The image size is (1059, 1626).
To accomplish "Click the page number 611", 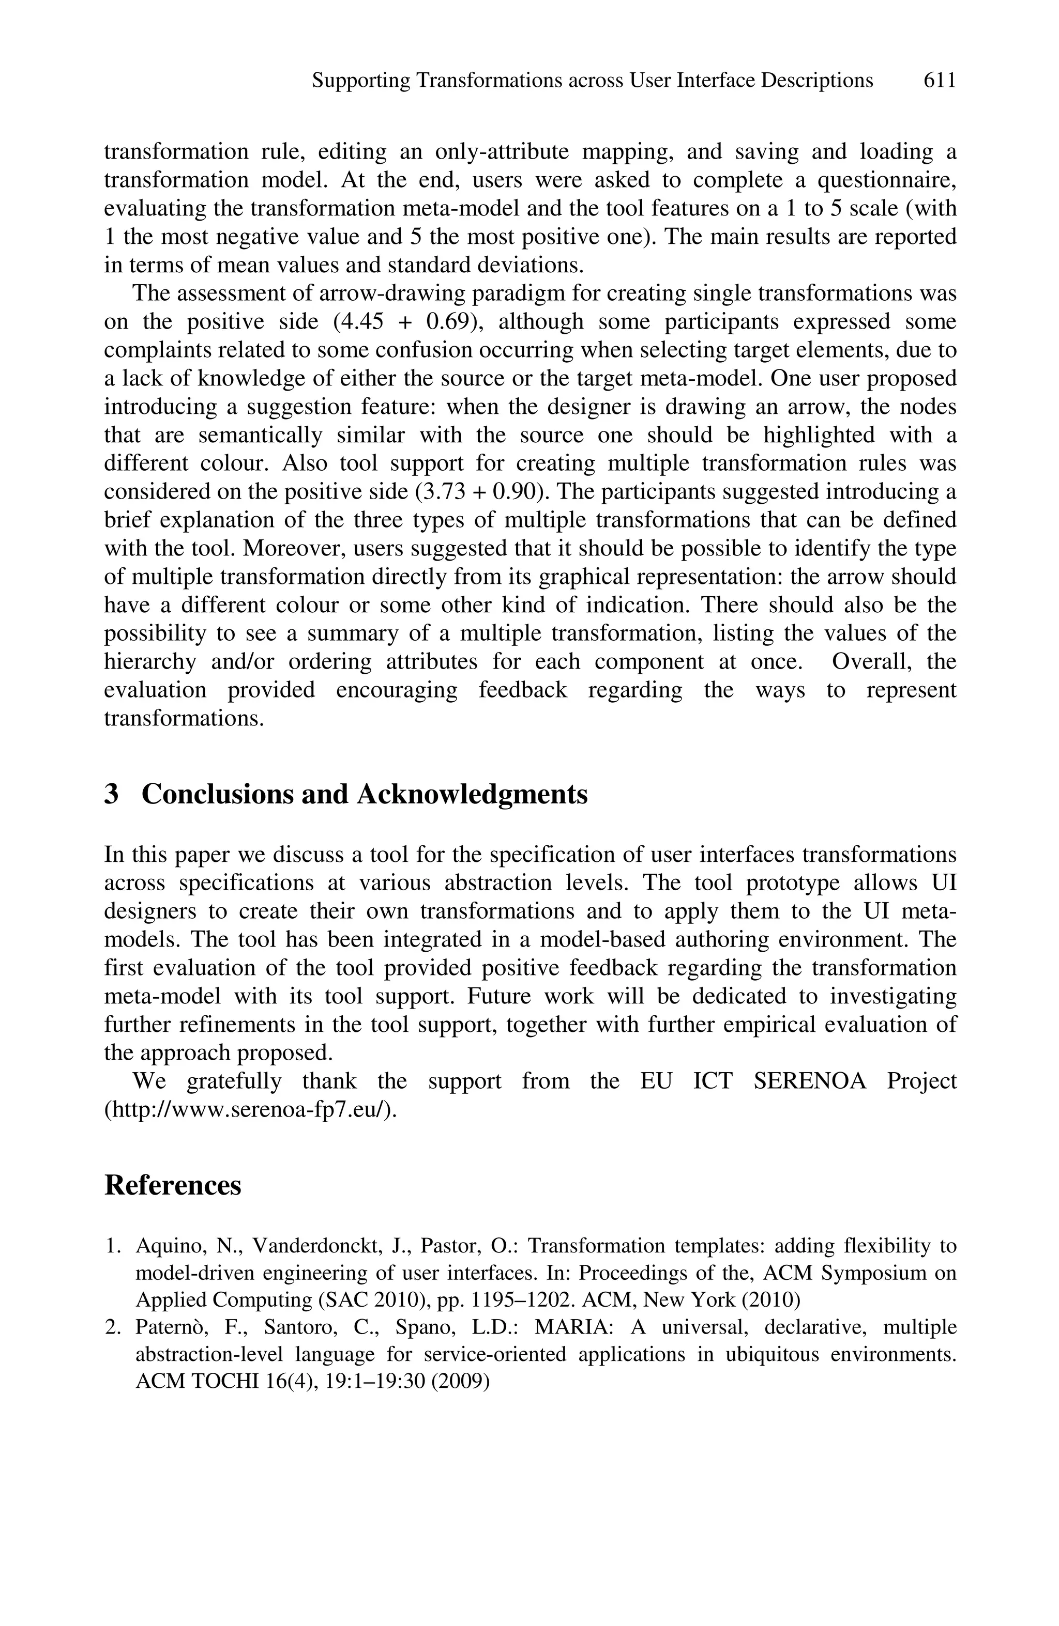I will pyautogui.click(x=939, y=81).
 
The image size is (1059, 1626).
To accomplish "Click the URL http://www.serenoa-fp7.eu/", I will pyautogui.click(x=250, y=1110).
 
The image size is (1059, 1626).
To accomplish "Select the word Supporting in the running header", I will pyautogui.click(x=360, y=81).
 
